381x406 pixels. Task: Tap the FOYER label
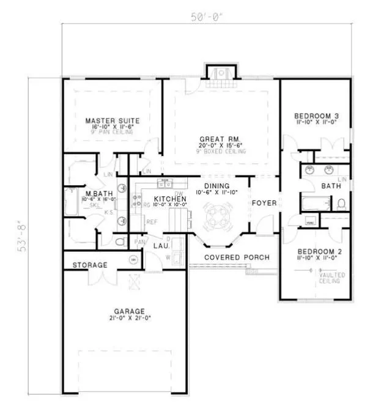[x=264, y=202]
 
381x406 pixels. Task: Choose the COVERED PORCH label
[x=237, y=257]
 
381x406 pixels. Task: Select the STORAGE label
[x=90, y=265]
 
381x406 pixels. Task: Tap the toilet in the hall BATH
[x=341, y=204]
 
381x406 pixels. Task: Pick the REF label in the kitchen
[x=151, y=222]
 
